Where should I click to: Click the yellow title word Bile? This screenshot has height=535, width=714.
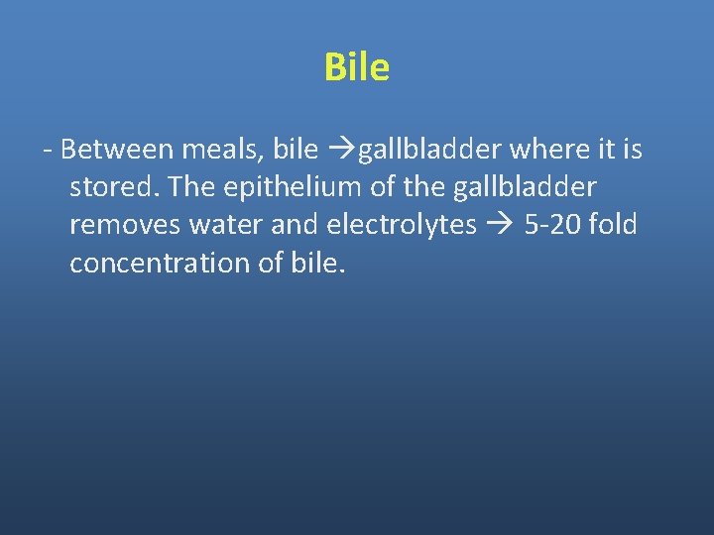(x=356, y=67)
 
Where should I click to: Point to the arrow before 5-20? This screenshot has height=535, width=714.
(x=498, y=226)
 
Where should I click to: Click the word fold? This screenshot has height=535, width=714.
(x=613, y=225)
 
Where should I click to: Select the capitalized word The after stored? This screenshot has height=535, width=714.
(x=185, y=187)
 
